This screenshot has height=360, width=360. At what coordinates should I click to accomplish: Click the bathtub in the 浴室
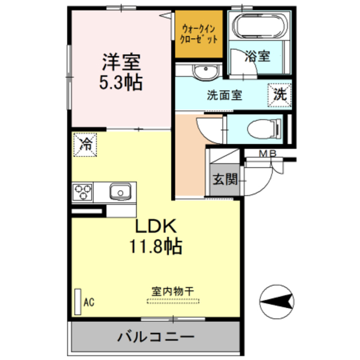point(260,25)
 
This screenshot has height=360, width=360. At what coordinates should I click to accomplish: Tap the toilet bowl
point(264,129)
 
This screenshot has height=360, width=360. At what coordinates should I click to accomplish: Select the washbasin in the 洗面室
point(205,72)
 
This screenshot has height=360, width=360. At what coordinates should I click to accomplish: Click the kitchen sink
point(120,192)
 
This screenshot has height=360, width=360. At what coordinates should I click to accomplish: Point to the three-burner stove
point(83,192)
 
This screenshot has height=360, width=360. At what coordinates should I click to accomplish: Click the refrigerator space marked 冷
point(85,145)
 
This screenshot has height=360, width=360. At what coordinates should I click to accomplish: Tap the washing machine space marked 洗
point(280,95)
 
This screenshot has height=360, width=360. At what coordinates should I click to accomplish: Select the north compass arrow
point(277,301)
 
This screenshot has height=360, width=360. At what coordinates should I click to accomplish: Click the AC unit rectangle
point(78,301)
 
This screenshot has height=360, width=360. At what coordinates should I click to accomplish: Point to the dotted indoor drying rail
point(173,301)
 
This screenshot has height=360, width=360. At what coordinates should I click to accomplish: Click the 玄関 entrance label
point(225,179)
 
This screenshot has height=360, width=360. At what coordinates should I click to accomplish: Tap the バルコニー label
point(156,337)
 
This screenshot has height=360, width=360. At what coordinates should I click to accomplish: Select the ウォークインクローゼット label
point(199,34)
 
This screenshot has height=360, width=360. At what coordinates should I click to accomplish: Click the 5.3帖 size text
point(121,83)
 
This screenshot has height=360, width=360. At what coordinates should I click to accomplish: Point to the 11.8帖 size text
point(156,246)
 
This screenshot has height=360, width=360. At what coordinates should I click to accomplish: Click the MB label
point(268,154)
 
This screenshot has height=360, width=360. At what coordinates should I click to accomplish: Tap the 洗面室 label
point(224,95)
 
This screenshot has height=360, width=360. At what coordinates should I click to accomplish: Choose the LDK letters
point(156,226)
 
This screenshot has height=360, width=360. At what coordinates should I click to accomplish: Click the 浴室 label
point(258,56)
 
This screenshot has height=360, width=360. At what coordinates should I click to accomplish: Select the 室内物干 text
point(173,291)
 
